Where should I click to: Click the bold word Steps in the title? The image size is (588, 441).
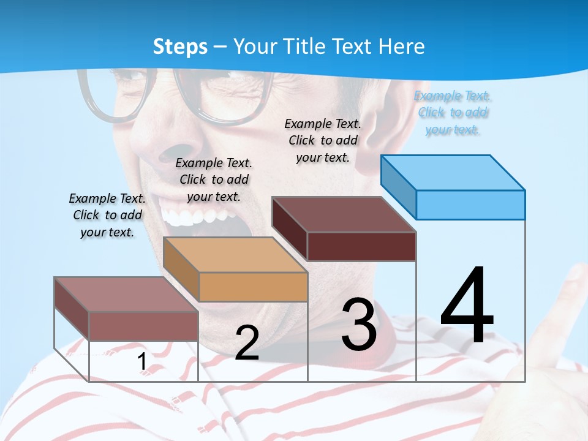tap(180, 47)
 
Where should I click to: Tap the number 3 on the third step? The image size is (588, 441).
tap(359, 324)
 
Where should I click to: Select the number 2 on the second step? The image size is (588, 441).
tap(247, 342)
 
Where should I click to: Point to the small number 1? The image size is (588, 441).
tap(141, 362)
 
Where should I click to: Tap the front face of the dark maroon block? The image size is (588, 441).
tap(361, 246)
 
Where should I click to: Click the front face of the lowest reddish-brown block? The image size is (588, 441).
tap(143, 326)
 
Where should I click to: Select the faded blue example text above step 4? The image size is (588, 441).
tap(453, 113)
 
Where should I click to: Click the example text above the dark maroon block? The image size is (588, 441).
tap(323, 140)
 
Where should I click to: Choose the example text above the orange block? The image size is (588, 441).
tap(214, 179)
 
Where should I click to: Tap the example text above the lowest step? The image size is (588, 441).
tap(107, 215)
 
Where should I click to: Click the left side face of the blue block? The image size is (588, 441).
tap(398, 186)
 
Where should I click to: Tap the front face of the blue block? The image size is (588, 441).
tap(470, 205)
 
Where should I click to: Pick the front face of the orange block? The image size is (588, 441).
tap(253, 287)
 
